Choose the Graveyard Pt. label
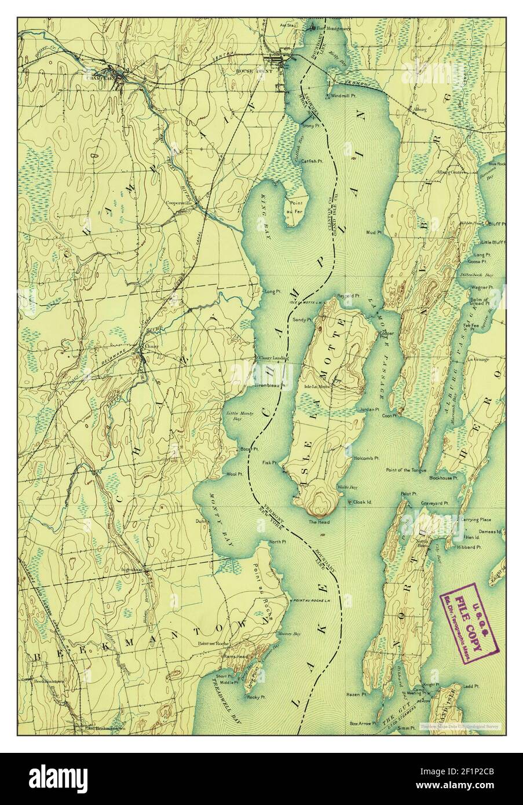pos(435,503)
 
